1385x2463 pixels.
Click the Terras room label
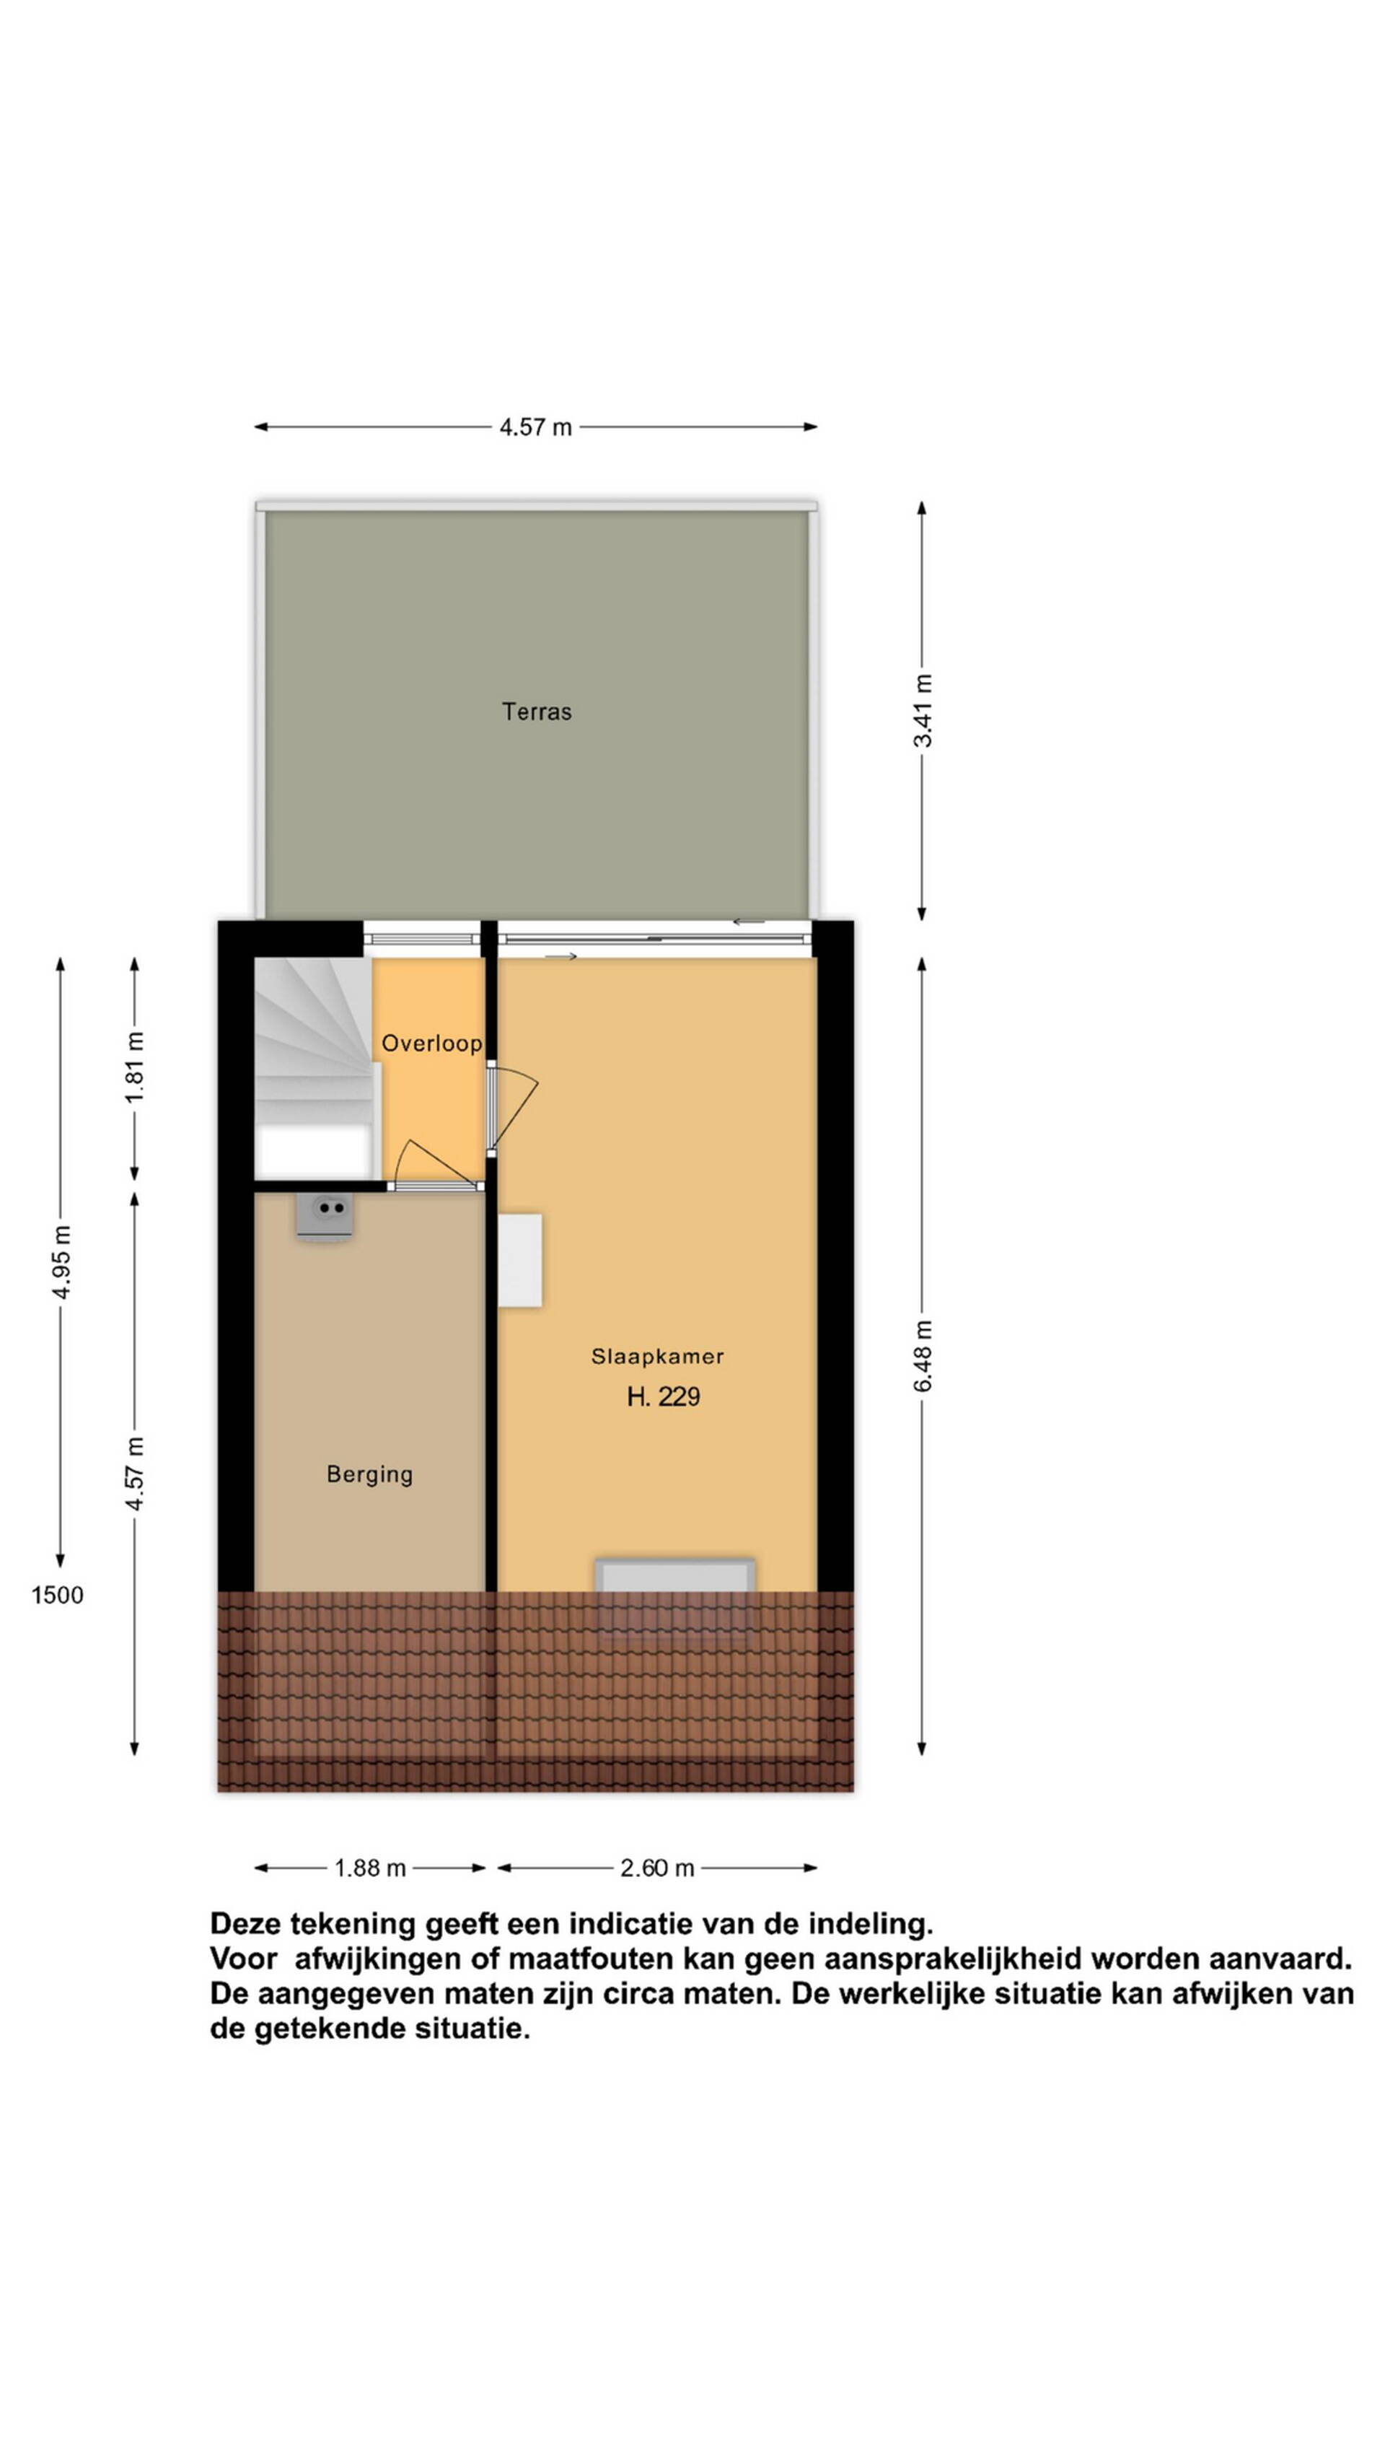(x=536, y=712)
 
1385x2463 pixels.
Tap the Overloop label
(x=431, y=1043)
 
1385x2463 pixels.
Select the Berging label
(x=370, y=1474)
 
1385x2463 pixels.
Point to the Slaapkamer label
(x=658, y=1356)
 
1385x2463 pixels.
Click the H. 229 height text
(x=664, y=1397)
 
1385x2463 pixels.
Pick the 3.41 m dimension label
(x=923, y=710)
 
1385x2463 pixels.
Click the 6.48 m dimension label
(x=923, y=1357)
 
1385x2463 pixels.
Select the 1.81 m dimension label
(x=135, y=1067)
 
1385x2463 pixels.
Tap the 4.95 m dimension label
(x=61, y=1261)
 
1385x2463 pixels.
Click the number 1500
(x=58, y=1595)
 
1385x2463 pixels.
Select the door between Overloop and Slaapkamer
(x=512, y=1108)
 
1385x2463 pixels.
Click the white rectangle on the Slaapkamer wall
(x=520, y=1260)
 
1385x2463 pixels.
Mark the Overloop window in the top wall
(x=421, y=938)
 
